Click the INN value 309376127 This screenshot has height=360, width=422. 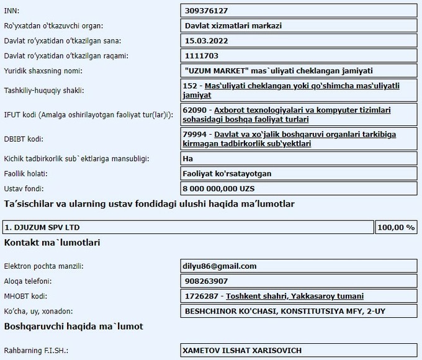(x=207, y=11)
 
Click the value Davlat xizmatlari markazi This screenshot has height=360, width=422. (x=233, y=26)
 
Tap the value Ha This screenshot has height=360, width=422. (x=189, y=159)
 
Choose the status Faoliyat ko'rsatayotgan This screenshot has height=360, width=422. (x=227, y=173)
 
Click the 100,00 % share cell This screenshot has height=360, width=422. (x=396, y=227)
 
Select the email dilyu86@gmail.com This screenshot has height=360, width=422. (x=220, y=266)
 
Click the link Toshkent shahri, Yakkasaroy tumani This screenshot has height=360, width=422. (x=295, y=296)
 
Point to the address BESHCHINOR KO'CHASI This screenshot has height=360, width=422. (x=221, y=311)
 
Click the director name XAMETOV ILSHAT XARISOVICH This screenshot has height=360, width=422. (x=242, y=350)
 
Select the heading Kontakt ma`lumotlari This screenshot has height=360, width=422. (x=52, y=243)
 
